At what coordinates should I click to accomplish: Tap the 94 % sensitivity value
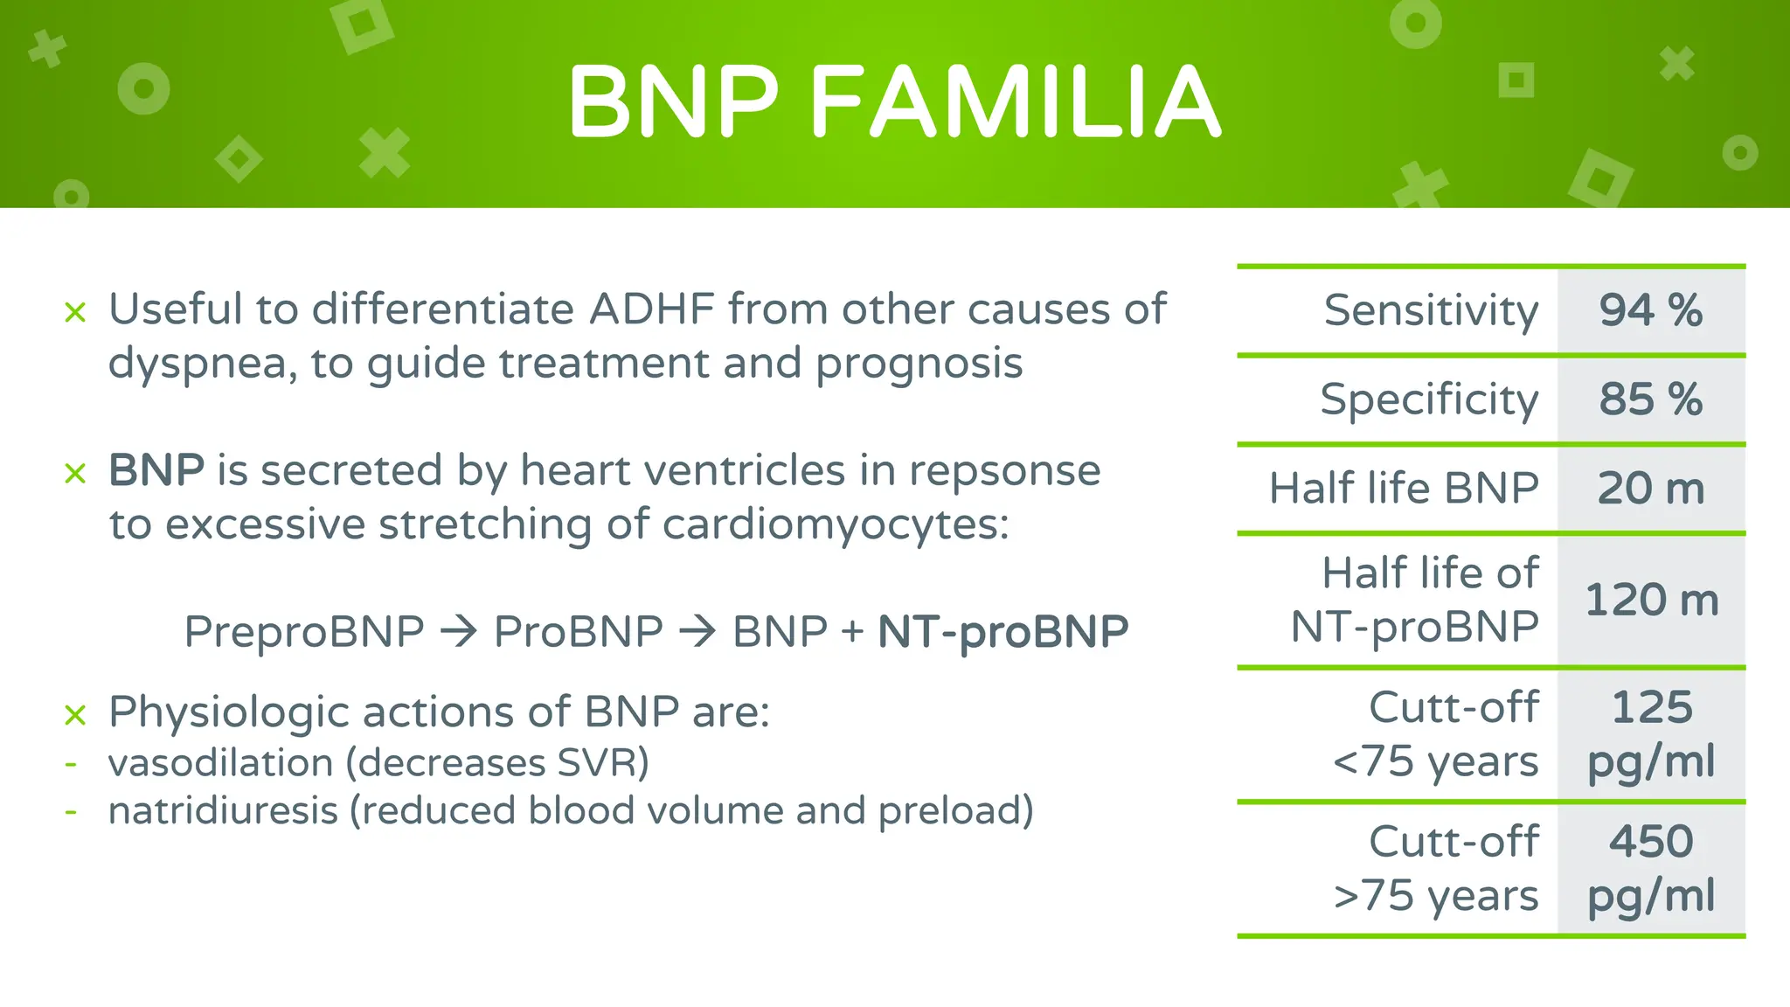(x=1650, y=310)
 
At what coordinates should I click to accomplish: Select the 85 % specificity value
(x=1650, y=399)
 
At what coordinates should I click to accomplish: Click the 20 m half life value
(x=1650, y=489)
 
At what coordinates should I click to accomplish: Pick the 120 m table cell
(x=1651, y=601)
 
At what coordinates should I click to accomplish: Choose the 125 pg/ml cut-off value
(x=1651, y=733)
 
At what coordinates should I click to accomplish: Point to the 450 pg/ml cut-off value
(x=1651, y=868)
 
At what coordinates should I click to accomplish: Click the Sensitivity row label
(x=1431, y=310)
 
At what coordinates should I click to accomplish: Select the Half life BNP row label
(x=1403, y=489)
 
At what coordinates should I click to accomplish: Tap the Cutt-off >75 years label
(x=1436, y=868)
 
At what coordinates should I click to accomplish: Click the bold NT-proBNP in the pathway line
(x=1003, y=632)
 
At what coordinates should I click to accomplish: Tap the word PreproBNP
(x=303, y=632)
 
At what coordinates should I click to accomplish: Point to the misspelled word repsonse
(x=1004, y=472)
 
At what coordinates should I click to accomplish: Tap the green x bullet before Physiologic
(x=75, y=715)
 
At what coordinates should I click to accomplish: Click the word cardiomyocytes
(x=835, y=525)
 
